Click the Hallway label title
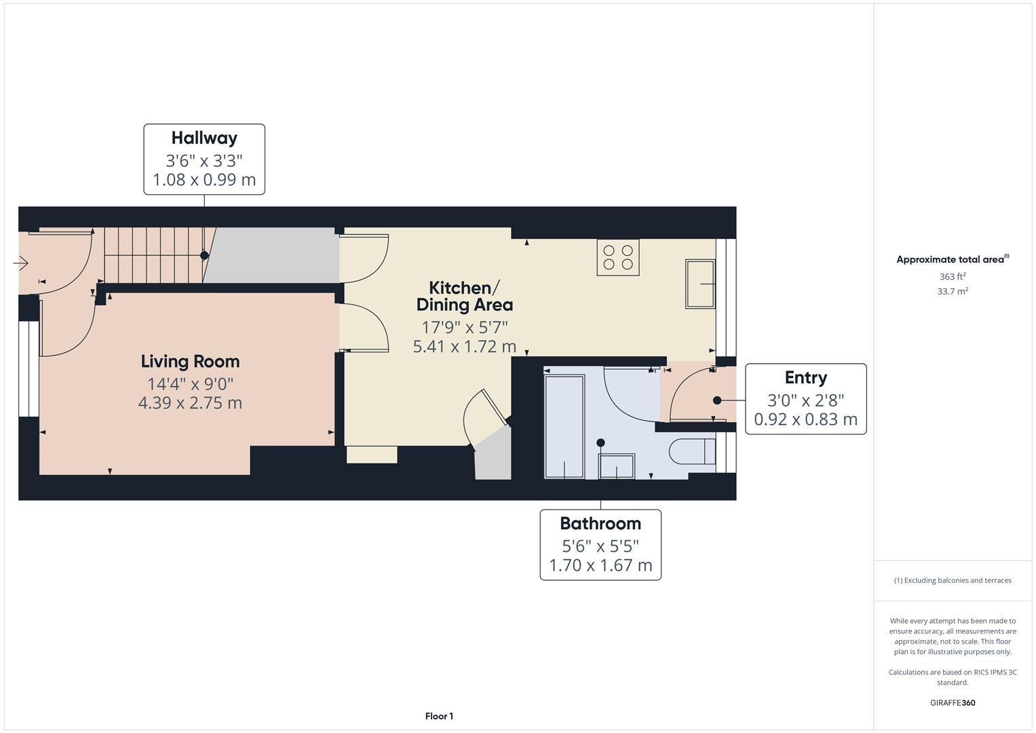point(204,138)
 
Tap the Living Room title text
point(190,362)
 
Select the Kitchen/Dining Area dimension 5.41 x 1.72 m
point(465,347)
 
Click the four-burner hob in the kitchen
point(617,257)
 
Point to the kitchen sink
point(699,284)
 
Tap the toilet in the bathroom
point(691,451)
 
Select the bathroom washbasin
point(616,466)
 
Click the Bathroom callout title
point(600,524)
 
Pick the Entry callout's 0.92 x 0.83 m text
point(805,419)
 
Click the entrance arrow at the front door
point(20,263)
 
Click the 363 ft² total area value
point(952,277)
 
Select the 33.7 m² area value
point(952,292)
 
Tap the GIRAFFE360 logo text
point(952,703)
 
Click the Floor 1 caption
point(439,716)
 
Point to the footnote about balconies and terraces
point(952,580)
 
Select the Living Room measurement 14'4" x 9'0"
point(190,383)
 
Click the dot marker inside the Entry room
point(717,400)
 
